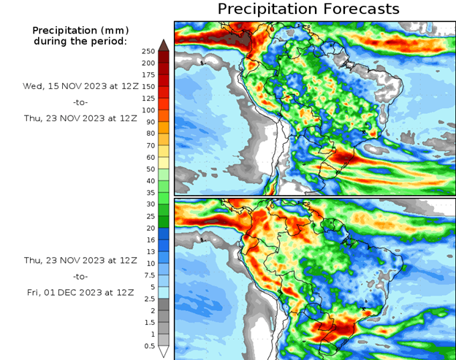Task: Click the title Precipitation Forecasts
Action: point(308,9)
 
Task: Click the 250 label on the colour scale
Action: point(148,51)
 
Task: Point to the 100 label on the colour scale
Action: point(148,110)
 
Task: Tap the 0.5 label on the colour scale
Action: point(148,345)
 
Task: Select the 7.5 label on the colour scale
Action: point(148,275)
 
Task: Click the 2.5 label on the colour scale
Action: point(148,299)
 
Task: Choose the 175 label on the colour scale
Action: point(148,75)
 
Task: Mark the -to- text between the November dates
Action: point(80,102)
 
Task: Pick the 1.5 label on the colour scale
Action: point(148,322)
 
